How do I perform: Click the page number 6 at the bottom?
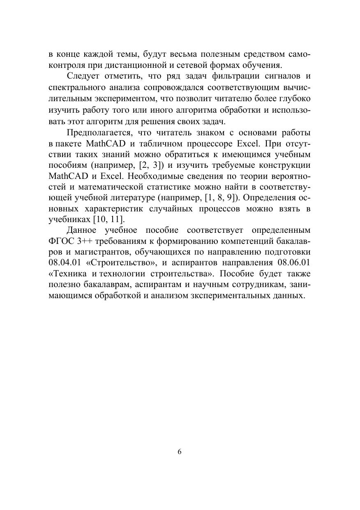click(180, 452)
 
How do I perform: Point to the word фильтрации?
click(235, 76)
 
